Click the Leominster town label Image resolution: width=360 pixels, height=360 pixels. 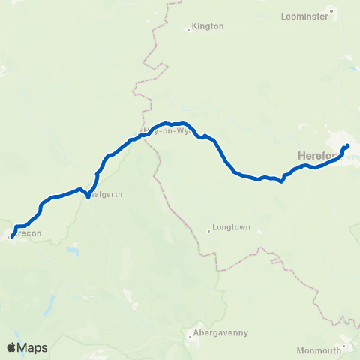click(x=304, y=15)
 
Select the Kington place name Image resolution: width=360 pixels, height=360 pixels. click(x=208, y=26)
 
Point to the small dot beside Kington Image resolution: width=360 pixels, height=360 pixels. click(x=189, y=30)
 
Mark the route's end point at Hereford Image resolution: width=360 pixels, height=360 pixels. click(x=347, y=146)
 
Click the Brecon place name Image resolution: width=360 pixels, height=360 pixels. click(x=28, y=233)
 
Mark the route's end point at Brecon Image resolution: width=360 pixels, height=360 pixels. click(x=11, y=238)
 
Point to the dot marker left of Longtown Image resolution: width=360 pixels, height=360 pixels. click(x=209, y=231)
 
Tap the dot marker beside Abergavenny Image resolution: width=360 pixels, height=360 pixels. click(x=191, y=336)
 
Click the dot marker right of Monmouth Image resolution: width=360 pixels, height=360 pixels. click(x=343, y=347)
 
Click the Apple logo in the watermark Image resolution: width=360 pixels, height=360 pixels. click(x=11, y=347)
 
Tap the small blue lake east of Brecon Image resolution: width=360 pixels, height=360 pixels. click(x=72, y=250)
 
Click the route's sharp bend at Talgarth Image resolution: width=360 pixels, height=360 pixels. click(x=88, y=198)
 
